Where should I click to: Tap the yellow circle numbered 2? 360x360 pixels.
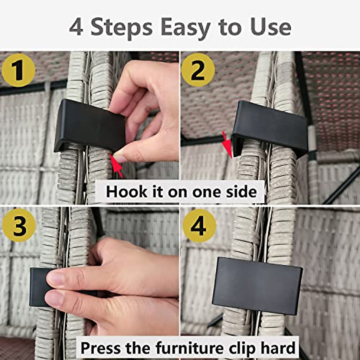tap(198, 70)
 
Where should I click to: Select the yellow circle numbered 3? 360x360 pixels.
tap(19, 226)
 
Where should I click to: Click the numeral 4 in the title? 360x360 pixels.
tap(76, 28)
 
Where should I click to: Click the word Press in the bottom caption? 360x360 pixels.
tap(100, 348)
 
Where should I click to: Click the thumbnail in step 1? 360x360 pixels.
tap(120, 158)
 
